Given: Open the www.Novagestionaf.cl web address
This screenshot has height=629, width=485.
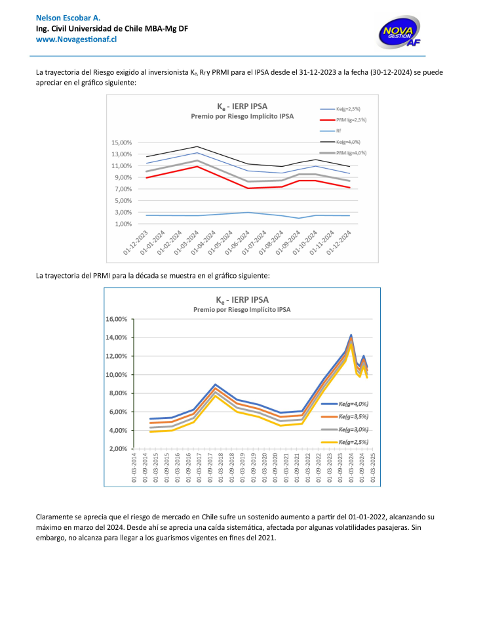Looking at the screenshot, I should coord(76,39).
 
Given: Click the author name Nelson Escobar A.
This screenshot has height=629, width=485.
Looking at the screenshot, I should coord(64,16).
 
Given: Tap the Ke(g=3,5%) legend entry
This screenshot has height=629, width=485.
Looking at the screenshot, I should coord(353,417).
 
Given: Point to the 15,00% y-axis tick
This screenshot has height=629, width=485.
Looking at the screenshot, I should coord(123,142).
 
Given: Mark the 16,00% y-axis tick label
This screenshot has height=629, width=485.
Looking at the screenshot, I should coord(117,319).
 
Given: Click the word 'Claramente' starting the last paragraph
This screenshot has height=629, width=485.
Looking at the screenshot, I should coord(55,517).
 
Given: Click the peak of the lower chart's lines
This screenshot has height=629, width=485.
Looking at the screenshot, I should coord(351,336).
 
